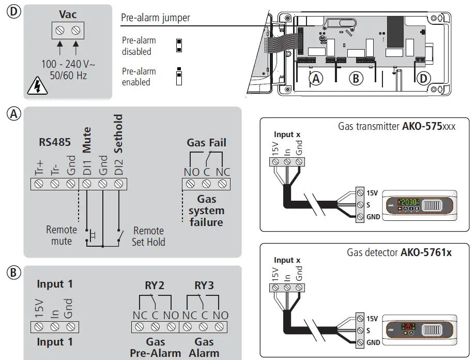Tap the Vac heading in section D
pyautogui.click(x=68, y=14)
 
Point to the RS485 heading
pyautogui.click(x=55, y=142)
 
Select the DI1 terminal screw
pyautogui.click(x=86, y=184)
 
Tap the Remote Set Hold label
pyautogui.click(x=148, y=236)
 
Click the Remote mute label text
pyautogui.click(x=62, y=235)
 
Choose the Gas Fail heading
pyautogui.click(x=206, y=143)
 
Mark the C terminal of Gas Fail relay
pyautogui.click(x=206, y=184)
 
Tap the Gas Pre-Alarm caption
pyautogui.click(x=156, y=347)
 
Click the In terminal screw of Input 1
pyautogui.click(x=55, y=326)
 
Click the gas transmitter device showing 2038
pyautogui.click(x=419, y=204)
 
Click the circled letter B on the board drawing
pyautogui.click(x=355, y=78)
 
